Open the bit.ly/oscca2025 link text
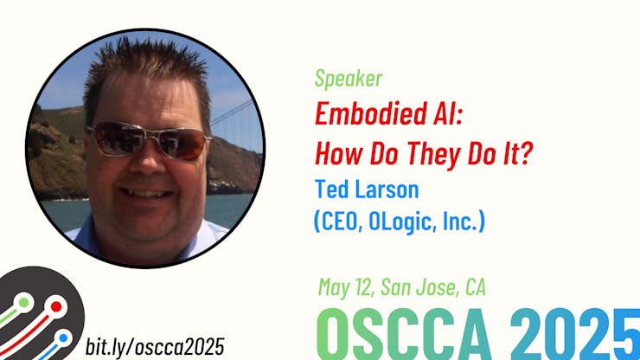pos(155,346)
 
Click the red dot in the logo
pos(56,306)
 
